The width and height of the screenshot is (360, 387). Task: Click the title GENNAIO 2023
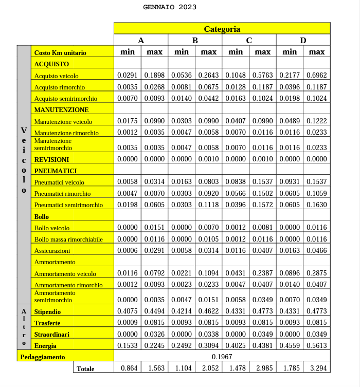coord(170,7)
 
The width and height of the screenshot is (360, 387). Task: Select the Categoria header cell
coord(222,29)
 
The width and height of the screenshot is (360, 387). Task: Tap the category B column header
coord(195,41)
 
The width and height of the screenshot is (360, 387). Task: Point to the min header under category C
coord(236,52)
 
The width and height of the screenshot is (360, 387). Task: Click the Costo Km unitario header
coord(60,52)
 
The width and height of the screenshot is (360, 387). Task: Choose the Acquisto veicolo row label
coord(56,76)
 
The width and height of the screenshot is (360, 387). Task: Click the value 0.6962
coord(316,75)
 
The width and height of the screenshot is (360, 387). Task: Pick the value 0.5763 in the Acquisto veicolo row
coord(262,75)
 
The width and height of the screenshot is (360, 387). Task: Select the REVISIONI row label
coord(51,159)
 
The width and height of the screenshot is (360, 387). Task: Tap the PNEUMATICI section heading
coord(56,171)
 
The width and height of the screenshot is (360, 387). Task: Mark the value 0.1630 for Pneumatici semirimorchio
coord(316,205)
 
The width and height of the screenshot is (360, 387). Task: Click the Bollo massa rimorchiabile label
coord(68,239)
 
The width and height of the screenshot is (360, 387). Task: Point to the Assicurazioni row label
coord(52,251)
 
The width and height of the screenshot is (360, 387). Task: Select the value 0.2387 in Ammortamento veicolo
coord(262,273)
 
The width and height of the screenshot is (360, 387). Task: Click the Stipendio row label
coord(47,311)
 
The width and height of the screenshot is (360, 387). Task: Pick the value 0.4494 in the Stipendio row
coord(154,311)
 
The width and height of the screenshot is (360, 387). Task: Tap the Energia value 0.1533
coord(128,345)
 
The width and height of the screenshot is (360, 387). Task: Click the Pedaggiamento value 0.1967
coord(222,356)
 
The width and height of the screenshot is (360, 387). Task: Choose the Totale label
coord(85,368)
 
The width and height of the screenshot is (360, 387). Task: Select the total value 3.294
coord(316,368)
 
